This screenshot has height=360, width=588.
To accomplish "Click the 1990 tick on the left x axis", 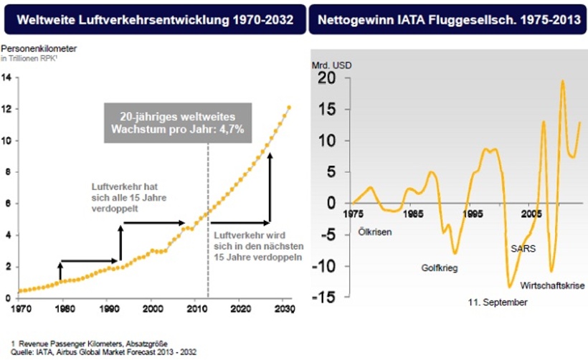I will (x=107, y=309).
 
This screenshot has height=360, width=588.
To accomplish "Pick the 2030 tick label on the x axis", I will (x=285, y=309).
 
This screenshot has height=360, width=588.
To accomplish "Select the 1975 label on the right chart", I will (x=352, y=214).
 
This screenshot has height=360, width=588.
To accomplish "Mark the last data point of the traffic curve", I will (x=289, y=108).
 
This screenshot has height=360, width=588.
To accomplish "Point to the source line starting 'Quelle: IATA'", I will (x=103, y=351).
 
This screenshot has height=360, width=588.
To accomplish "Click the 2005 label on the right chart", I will (x=531, y=214).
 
